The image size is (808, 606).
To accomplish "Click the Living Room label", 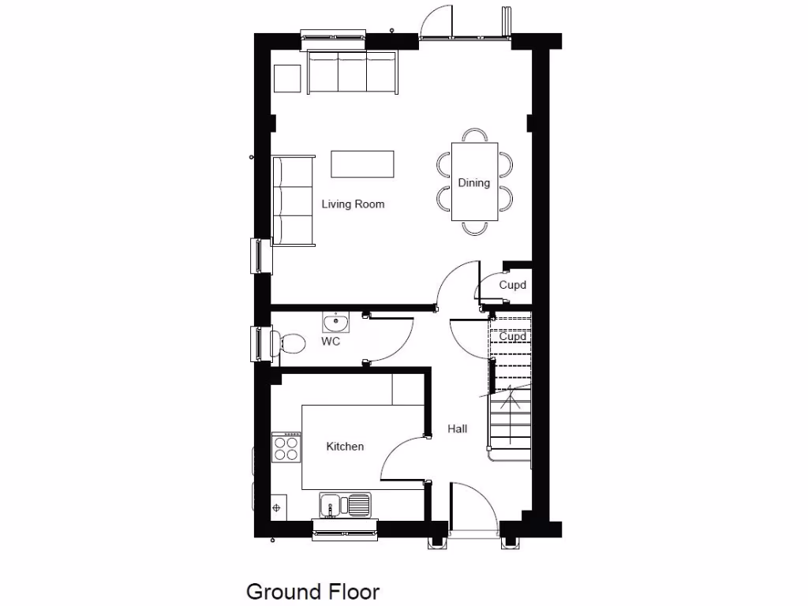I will [x=353, y=204].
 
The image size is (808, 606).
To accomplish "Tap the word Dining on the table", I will [x=474, y=183].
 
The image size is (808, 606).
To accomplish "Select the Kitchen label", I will [x=345, y=447].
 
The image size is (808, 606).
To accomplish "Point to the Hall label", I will [x=457, y=428].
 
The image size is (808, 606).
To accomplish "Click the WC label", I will [x=331, y=342].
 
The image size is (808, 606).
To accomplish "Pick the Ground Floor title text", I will [x=312, y=591].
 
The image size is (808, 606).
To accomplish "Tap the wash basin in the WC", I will [x=336, y=322].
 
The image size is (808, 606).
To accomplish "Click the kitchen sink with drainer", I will [x=346, y=503].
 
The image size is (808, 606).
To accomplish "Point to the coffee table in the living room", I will [x=362, y=164].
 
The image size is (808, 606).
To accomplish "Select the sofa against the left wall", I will [x=293, y=200].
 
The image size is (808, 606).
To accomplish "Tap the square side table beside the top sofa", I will [x=287, y=77].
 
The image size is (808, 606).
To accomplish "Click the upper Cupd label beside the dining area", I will [x=512, y=285].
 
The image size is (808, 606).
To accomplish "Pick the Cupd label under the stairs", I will [x=512, y=336].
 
